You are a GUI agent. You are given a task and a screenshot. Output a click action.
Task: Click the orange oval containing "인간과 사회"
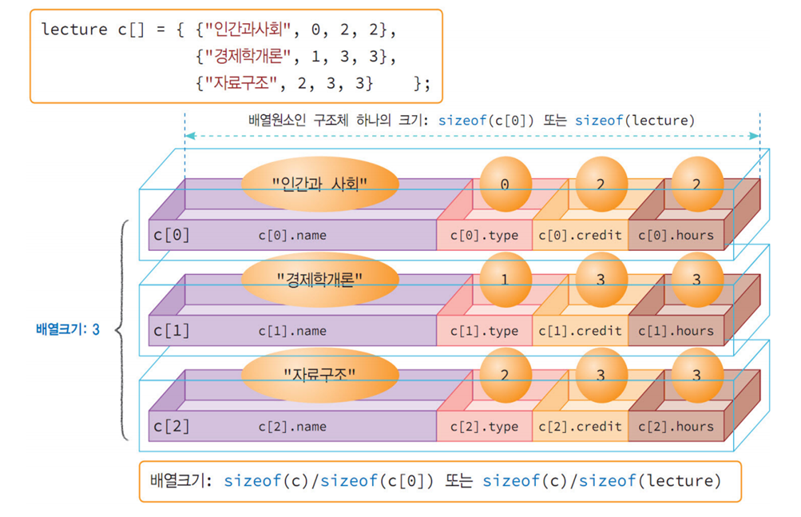tap(319, 184)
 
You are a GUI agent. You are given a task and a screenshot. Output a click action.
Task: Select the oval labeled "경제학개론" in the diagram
tap(319, 280)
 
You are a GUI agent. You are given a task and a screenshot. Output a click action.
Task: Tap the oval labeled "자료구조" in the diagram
tap(319, 376)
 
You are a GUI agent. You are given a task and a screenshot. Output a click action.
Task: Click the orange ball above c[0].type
tap(506, 184)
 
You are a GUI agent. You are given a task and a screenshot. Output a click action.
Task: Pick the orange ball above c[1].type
tap(506, 280)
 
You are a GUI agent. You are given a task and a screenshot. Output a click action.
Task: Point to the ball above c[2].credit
tap(601, 376)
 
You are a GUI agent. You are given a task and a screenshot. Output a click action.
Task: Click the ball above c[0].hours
tap(697, 184)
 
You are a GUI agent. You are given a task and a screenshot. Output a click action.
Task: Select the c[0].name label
tap(292, 235)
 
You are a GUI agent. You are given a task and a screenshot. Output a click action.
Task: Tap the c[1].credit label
tap(580, 331)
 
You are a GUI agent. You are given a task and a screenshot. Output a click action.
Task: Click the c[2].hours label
tap(676, 427)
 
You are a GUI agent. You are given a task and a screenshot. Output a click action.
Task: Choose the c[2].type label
tap(484, 427)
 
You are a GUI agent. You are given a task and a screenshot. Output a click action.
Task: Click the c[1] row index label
tap(172, 331)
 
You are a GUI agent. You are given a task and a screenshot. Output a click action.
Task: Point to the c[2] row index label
tap(172, 427)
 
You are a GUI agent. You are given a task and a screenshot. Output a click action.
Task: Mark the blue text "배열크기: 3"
tap(68, 329)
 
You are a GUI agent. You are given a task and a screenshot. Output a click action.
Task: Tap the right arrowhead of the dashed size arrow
tap(754, 136)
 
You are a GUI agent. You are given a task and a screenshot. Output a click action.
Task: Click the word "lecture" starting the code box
tap(74, 30)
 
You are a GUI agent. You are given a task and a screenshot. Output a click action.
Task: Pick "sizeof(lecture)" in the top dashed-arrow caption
tap(635, 121)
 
